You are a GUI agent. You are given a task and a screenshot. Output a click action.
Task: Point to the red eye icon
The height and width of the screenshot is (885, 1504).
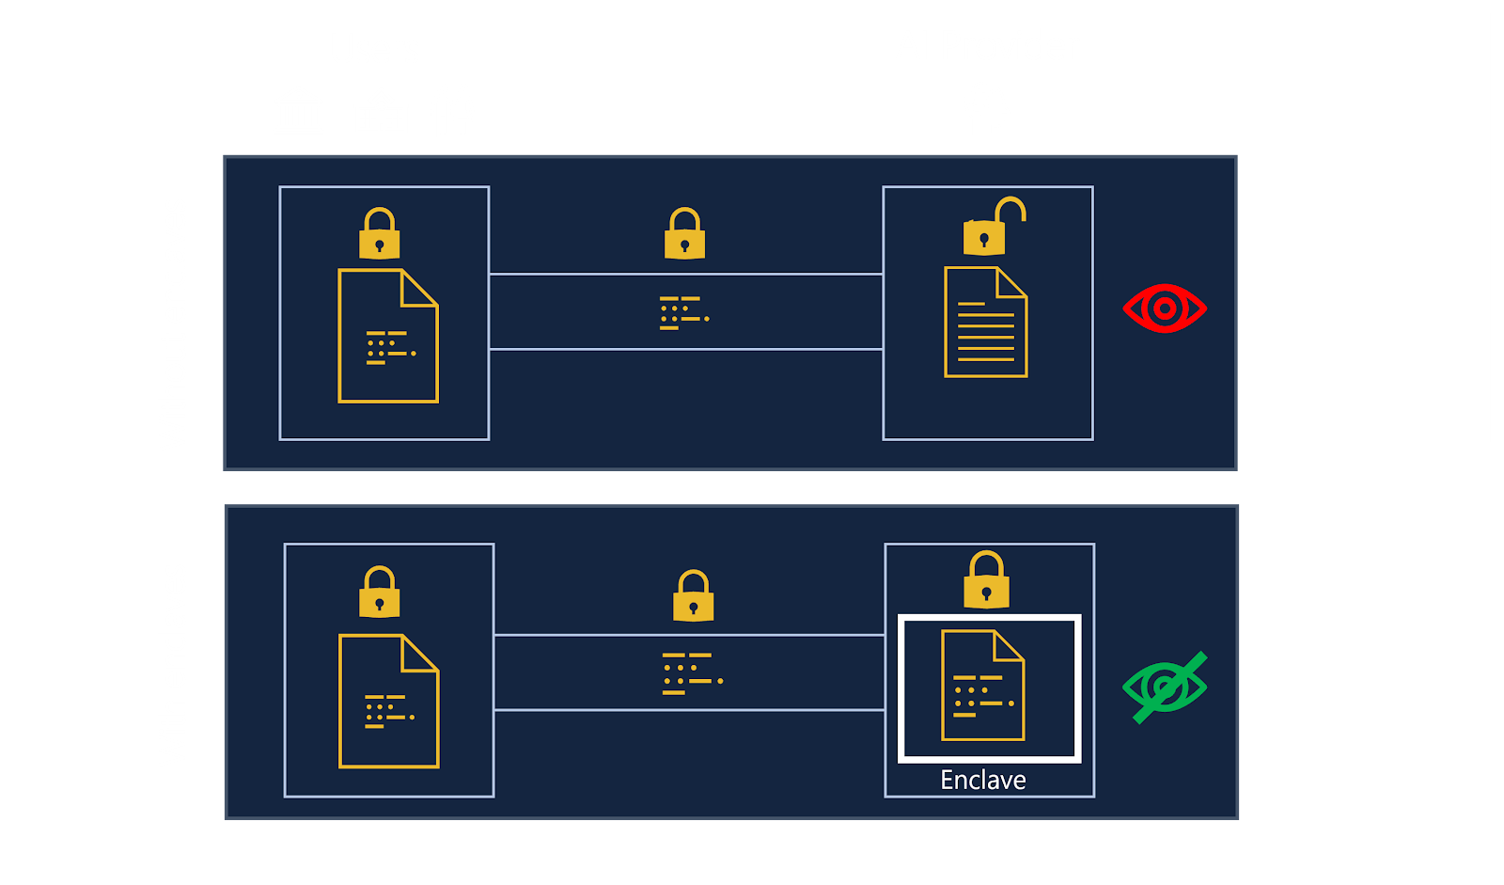pyautogui.click(x=1165, y=308)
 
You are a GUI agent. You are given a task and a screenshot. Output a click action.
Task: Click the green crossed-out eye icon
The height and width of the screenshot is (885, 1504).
pyautogui.click(x=1165, y=687)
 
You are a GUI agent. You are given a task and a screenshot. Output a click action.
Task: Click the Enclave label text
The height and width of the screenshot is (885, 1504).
pyautogui.click(x=983, y=780)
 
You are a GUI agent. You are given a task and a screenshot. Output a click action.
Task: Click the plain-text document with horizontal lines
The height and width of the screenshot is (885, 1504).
pyautogui.click(x=985, y=323)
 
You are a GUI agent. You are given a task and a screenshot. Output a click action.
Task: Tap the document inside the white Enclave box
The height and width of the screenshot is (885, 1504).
pyautogui.click(x=983, y=686)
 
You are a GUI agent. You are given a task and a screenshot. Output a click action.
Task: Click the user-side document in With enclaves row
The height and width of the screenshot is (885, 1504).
pyautogui.click(x=388, y=702)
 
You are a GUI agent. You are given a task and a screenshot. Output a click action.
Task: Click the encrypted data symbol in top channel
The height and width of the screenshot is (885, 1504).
pyautogui.click(x=684, y=313)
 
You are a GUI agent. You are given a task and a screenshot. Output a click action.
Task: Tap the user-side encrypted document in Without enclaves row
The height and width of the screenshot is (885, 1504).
pyautogui.click(x=387, y=336)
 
